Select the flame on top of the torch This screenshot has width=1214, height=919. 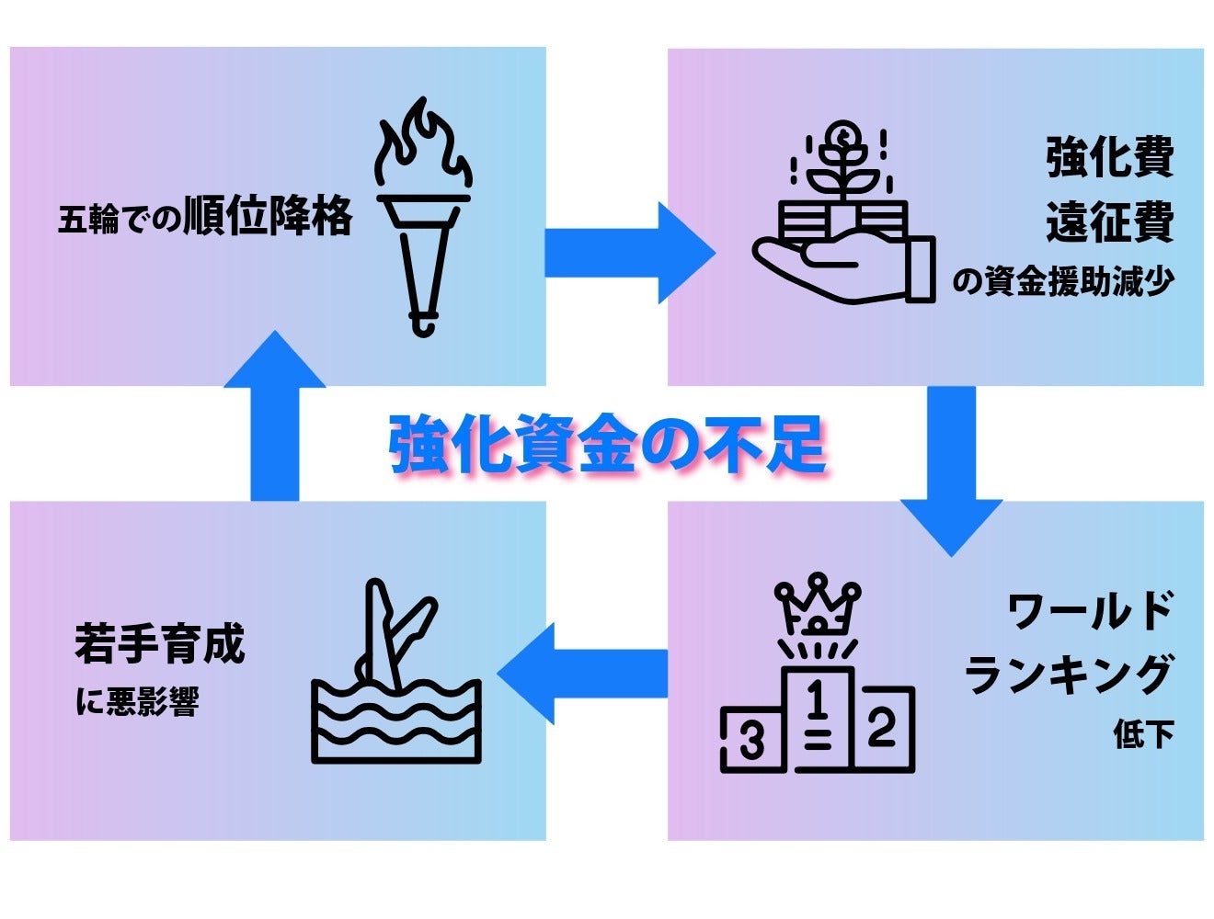(x=423, y=147)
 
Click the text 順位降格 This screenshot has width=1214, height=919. (x=268, y=217)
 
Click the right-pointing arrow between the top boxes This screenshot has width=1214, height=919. (x=629, y=253)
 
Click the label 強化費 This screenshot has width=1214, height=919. (x=1109, y=157)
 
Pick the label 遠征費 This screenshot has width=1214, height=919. (x=1109, y=222)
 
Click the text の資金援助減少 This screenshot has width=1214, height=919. (x=1063, y=281)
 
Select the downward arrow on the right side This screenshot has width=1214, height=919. (x=951, y=469)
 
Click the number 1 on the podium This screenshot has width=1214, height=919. (x=816, y=701)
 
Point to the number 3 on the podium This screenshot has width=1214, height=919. (x=752, y=740)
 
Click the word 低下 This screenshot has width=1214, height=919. (x=1143, y=735)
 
